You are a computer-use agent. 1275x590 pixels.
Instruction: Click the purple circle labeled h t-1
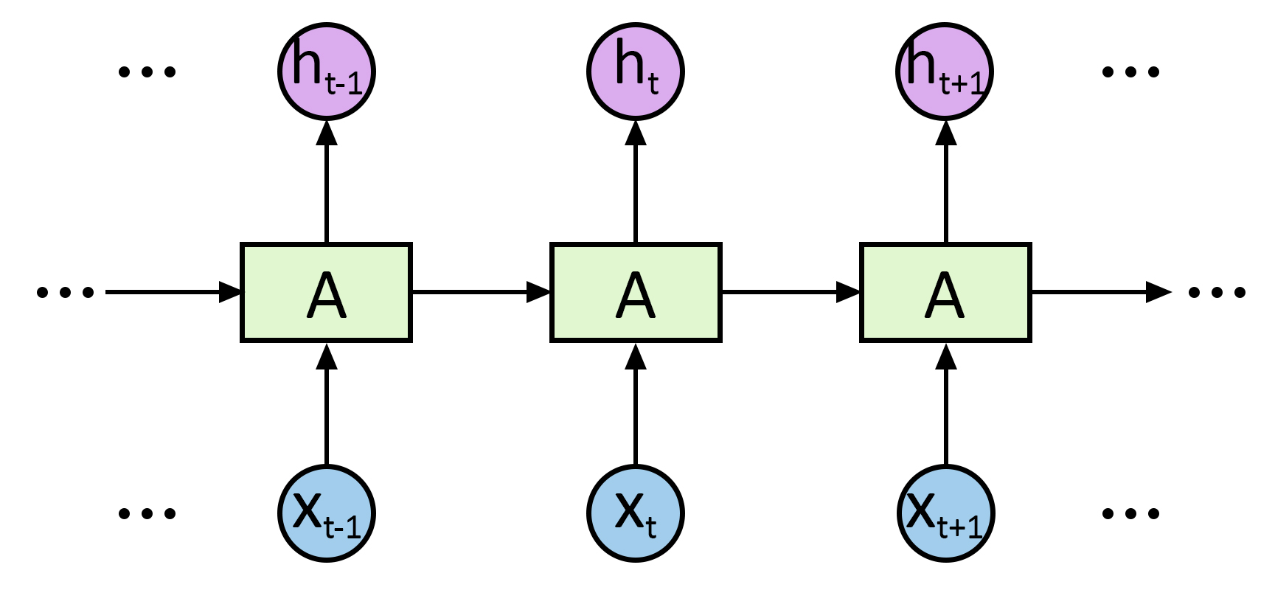pyautogui.click(x=327, y=72)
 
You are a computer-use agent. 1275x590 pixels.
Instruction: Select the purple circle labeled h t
pyautogui.click(x=636, y=72)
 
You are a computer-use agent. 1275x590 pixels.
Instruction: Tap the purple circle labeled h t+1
pyautogui.click(x=945, y=72)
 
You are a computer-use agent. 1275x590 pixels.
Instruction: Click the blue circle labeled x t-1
pyautogui.click(x=327, y=513)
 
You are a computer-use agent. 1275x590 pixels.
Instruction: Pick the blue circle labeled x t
pyautogui.click(x=636, y=513)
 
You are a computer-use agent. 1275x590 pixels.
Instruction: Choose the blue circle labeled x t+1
pyautogui.click(x=946, y=513)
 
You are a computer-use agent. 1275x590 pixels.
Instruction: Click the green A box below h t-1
pyautogui.click(x=326, y=292)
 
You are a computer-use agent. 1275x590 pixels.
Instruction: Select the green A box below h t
pyautogui.click(x=636, y=292)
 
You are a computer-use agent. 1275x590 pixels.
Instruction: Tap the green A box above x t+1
pyautogui.click(x=945, y=292)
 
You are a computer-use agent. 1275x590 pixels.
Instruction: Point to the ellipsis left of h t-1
pyautogui.click(x=147, y=72)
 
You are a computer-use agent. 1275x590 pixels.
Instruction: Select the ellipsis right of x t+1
pyautogui.click(x=1130, y=513)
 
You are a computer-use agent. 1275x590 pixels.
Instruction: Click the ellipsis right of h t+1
pyautogui.click(x=1130, y=72)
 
